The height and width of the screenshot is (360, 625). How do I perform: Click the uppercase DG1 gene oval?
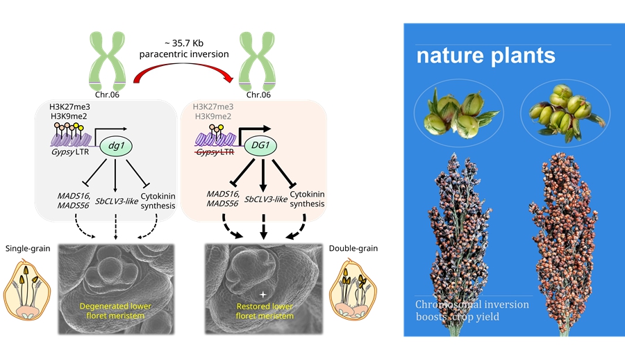pyautogui.click(x=263, y=147)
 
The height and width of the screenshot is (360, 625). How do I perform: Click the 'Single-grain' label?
pyautogui.click(x=28, y=249)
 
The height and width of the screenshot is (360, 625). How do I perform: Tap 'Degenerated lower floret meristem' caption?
pyautogui.click(x=115, y=311)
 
